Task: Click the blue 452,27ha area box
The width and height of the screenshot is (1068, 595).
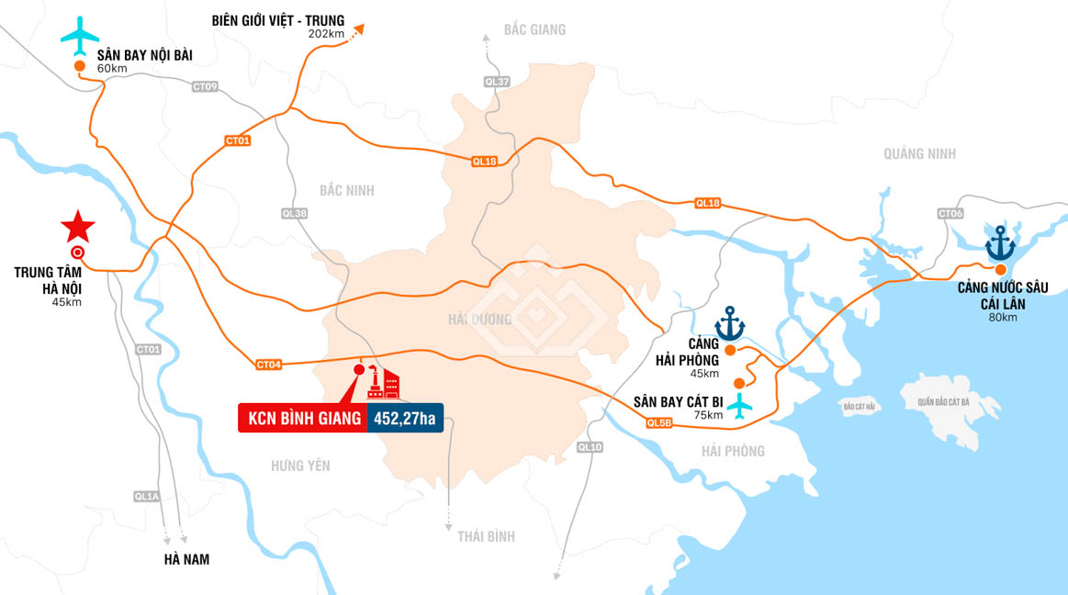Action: coord(404,419)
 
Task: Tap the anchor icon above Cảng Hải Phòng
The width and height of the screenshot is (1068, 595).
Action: coord(730,322)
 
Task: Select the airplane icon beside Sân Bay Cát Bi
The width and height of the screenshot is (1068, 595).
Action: coord(738,404)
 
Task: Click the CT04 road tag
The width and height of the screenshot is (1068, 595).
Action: coord(269,365)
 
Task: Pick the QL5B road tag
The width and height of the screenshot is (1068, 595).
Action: coord(658,422)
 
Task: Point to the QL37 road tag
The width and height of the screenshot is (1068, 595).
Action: coord(496,82)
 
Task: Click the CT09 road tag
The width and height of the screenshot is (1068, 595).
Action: coord(205,87)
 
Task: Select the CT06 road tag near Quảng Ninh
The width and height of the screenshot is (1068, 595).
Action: coord(950,214)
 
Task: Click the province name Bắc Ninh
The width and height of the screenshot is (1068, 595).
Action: coord(346,190)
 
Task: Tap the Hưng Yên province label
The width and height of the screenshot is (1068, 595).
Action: coord(300,466)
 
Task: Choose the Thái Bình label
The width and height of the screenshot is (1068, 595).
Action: coord(486,536)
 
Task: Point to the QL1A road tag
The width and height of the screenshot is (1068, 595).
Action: coord(147,497)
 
